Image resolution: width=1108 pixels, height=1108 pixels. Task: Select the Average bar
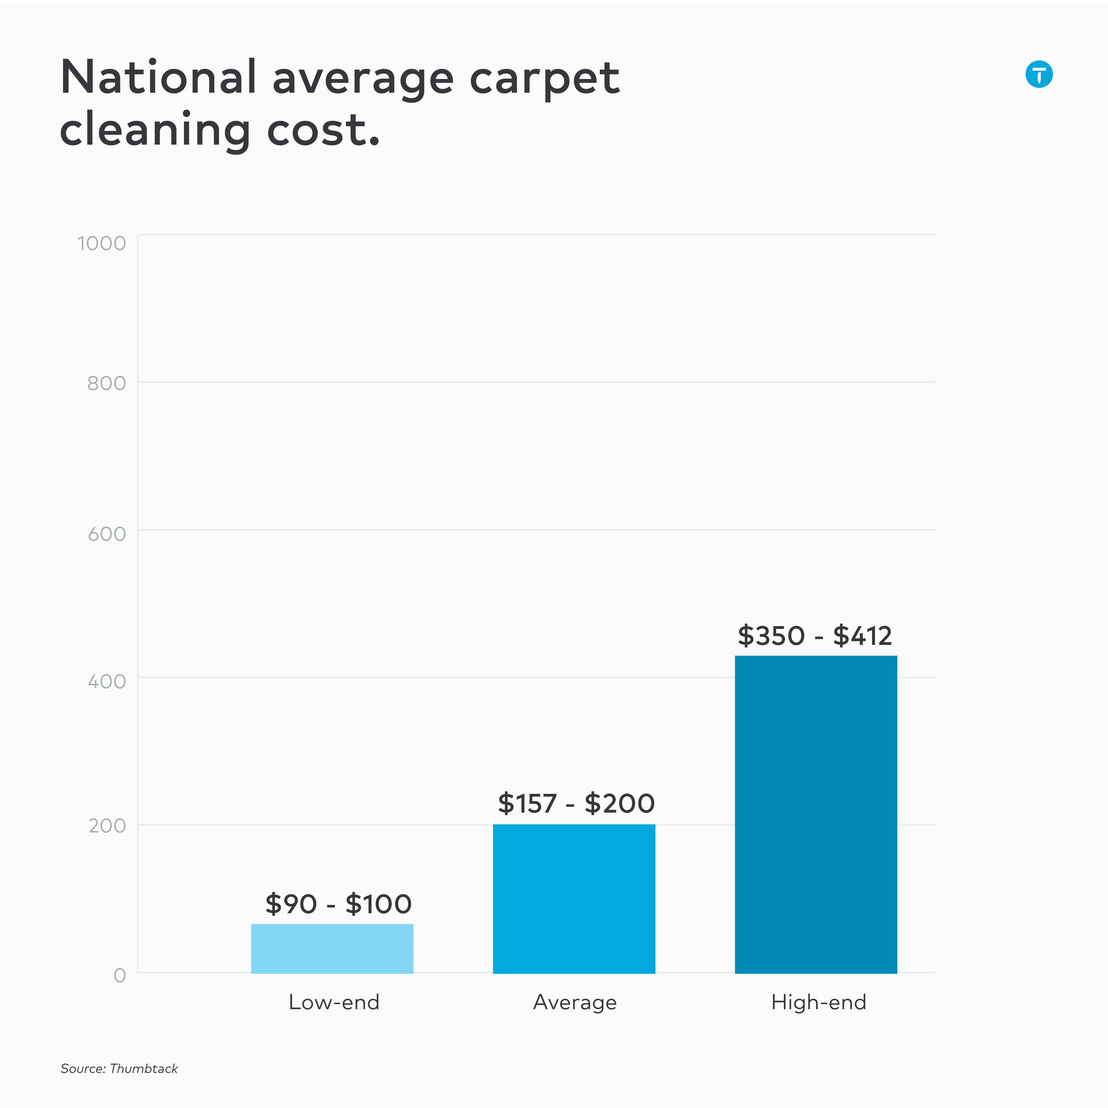[x=574, y=899]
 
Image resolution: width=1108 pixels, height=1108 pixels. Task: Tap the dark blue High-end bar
[x=815, y=814]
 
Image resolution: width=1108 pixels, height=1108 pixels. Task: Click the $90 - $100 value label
[x=338, y=905]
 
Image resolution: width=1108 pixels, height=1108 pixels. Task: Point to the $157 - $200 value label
[x=576, y=804]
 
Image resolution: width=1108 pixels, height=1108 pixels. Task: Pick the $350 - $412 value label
[x=814, y=636]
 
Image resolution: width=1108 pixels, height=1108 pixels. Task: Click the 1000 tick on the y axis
[x=101, y=243]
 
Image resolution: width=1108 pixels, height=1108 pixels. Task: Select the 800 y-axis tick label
[x=107, y=383]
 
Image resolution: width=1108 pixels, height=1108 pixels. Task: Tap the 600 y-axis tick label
[x=107, y=534]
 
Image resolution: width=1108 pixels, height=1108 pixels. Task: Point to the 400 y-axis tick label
[x=107, y=681]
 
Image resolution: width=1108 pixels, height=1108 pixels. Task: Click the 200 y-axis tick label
[x=107, y=826]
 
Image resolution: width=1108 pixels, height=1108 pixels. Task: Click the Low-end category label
[x=334, y=1002]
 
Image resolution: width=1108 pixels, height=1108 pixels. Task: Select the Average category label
[x=575, y=1002]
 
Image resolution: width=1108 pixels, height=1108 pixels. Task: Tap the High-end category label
[x=818, y=1002]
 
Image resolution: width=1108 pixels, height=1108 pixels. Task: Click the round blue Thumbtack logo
[x=1039, y=74]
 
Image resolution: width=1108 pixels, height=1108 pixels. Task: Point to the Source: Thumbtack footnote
[x=119, y=1068]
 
